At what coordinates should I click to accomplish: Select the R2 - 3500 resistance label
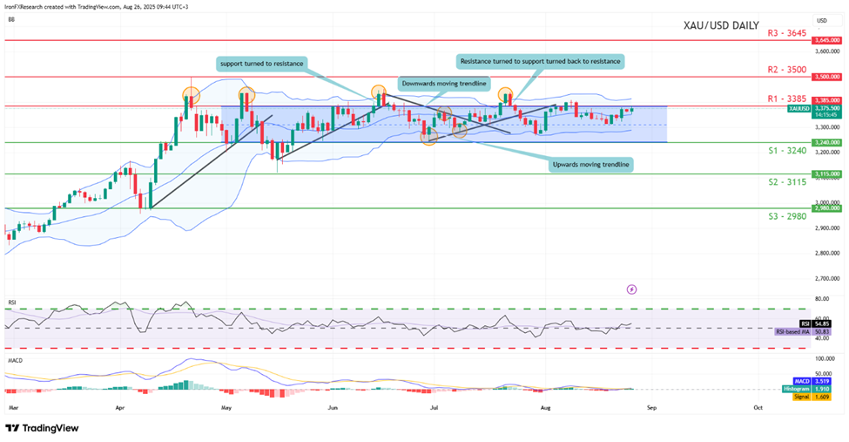(x=786, y=69)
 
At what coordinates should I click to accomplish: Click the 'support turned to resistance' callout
(x=261, y=64)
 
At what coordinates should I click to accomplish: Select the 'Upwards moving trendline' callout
(x=591, y=164)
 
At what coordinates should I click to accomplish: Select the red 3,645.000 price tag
(x=825, y=41)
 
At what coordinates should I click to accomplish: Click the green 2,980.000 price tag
(x=825, y=208)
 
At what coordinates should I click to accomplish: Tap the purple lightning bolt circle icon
(x=632, y=289)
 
